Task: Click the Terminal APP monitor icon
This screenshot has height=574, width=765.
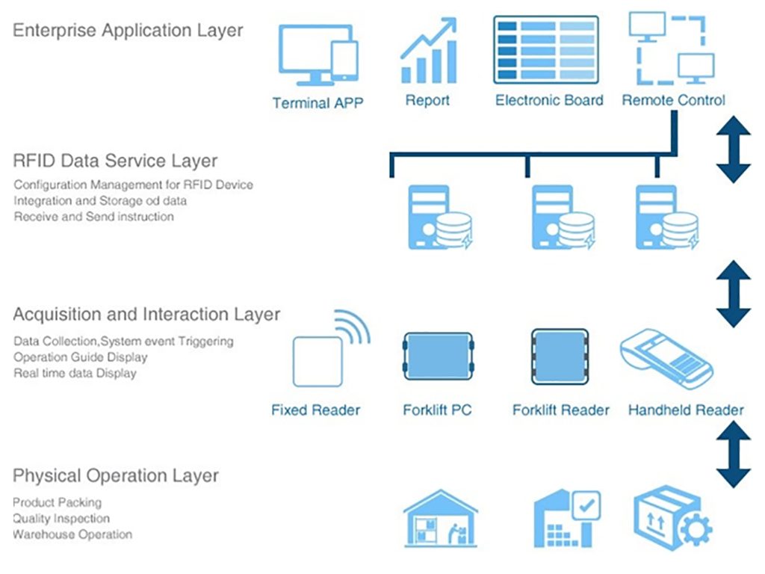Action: [318, 55]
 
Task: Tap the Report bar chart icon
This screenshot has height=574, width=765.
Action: [429, 50]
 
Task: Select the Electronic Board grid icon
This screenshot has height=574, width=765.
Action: [545, 50]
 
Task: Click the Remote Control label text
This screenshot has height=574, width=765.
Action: [673, 100]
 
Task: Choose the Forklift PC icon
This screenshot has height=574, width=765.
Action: [438, 357]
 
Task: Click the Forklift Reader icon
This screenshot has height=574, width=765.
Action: [560, 357]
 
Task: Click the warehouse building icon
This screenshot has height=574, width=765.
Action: [441, 519]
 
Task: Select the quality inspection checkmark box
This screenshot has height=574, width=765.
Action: [586, 506]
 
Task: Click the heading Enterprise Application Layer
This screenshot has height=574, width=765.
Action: [128, 30]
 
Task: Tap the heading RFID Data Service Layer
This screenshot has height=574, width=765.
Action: [115, 161]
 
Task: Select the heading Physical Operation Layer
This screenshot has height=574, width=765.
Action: [116, 475]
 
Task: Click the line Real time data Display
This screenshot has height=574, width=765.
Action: [75, 374]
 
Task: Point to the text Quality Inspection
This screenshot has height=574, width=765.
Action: [61, 519]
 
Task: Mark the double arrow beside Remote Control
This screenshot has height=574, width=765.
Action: [734, 149]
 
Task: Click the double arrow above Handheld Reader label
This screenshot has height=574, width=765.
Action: [734, 293]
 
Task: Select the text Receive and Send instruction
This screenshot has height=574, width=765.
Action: [93, 217]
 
